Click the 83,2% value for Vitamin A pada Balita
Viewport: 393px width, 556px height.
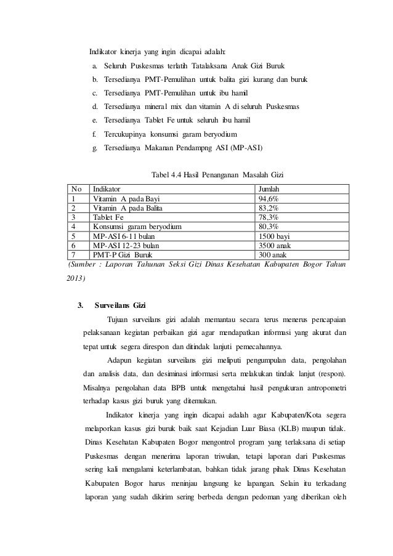point(269,208)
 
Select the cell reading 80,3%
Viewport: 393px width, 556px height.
point(269,226)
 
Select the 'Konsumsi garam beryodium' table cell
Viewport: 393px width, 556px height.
point(137,226)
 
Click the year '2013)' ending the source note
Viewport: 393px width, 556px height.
point(76,278)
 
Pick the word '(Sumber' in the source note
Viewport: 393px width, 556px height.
point(79,265)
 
